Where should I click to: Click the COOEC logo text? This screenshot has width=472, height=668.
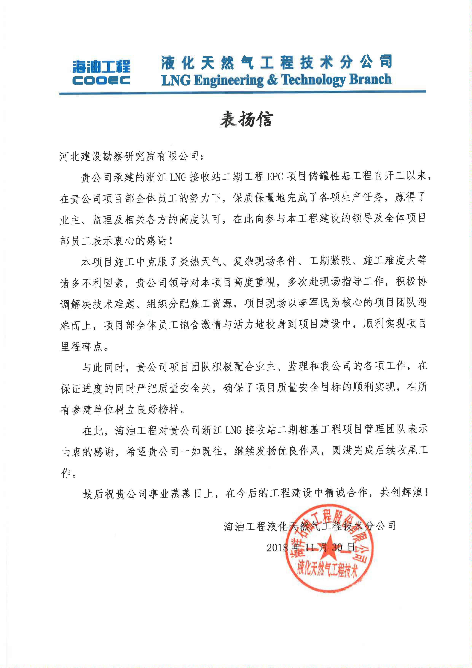(101, 80)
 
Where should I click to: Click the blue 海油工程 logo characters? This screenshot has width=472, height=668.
(101, 67)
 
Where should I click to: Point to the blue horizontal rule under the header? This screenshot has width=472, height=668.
(242, 93)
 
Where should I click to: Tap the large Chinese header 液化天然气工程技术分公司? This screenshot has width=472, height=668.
(276, 62)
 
